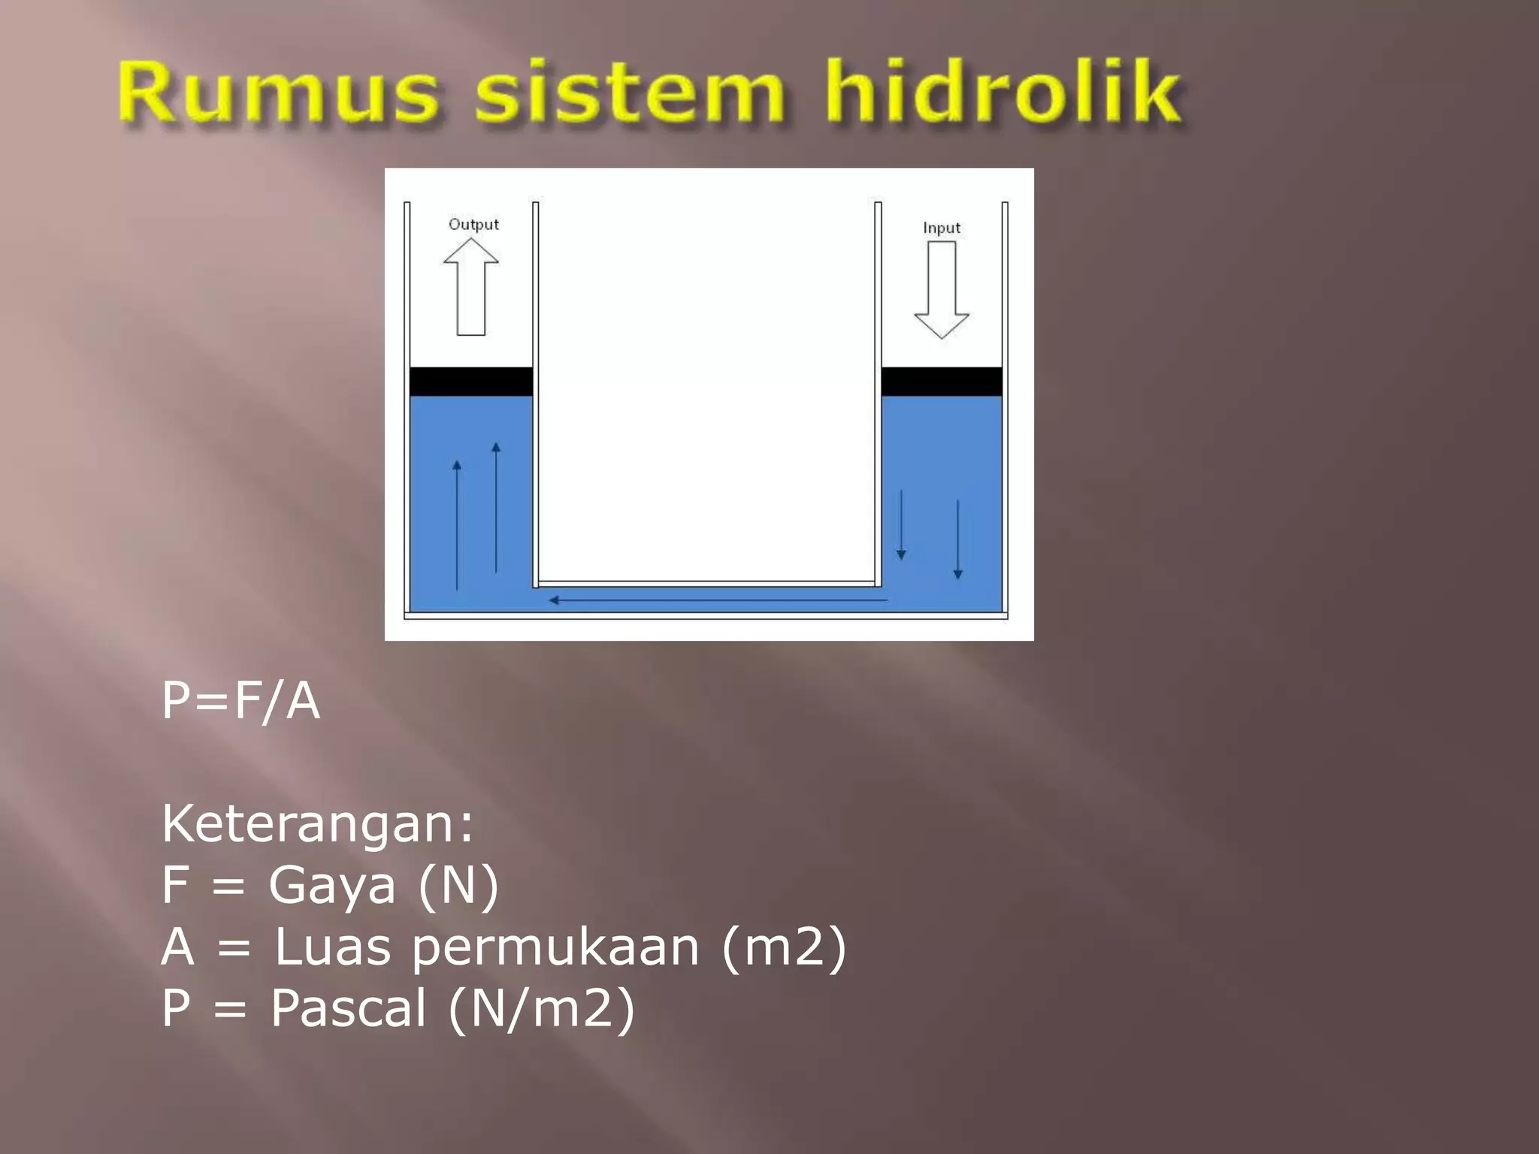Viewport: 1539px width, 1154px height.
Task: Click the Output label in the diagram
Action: click(x=473, y=224)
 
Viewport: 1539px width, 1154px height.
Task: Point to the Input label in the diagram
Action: click(x=941, y=228)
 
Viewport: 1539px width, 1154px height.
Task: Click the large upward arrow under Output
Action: click(x=471, y=287)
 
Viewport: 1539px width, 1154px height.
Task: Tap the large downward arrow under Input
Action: click(x=942, y=290)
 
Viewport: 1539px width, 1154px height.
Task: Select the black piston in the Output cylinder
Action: click(x=471, y=382)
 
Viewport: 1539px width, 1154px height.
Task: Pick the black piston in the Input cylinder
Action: click(x=942, y=382)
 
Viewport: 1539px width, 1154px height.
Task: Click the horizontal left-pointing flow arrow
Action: click(x=718, y=600)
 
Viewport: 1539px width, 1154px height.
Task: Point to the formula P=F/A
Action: click(x=241, y=700)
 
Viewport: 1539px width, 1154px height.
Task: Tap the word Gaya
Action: click(x=331, y=885)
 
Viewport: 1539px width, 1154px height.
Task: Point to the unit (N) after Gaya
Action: click(x=458, y=885)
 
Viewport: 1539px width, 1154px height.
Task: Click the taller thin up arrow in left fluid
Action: click(x=496, y=508)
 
